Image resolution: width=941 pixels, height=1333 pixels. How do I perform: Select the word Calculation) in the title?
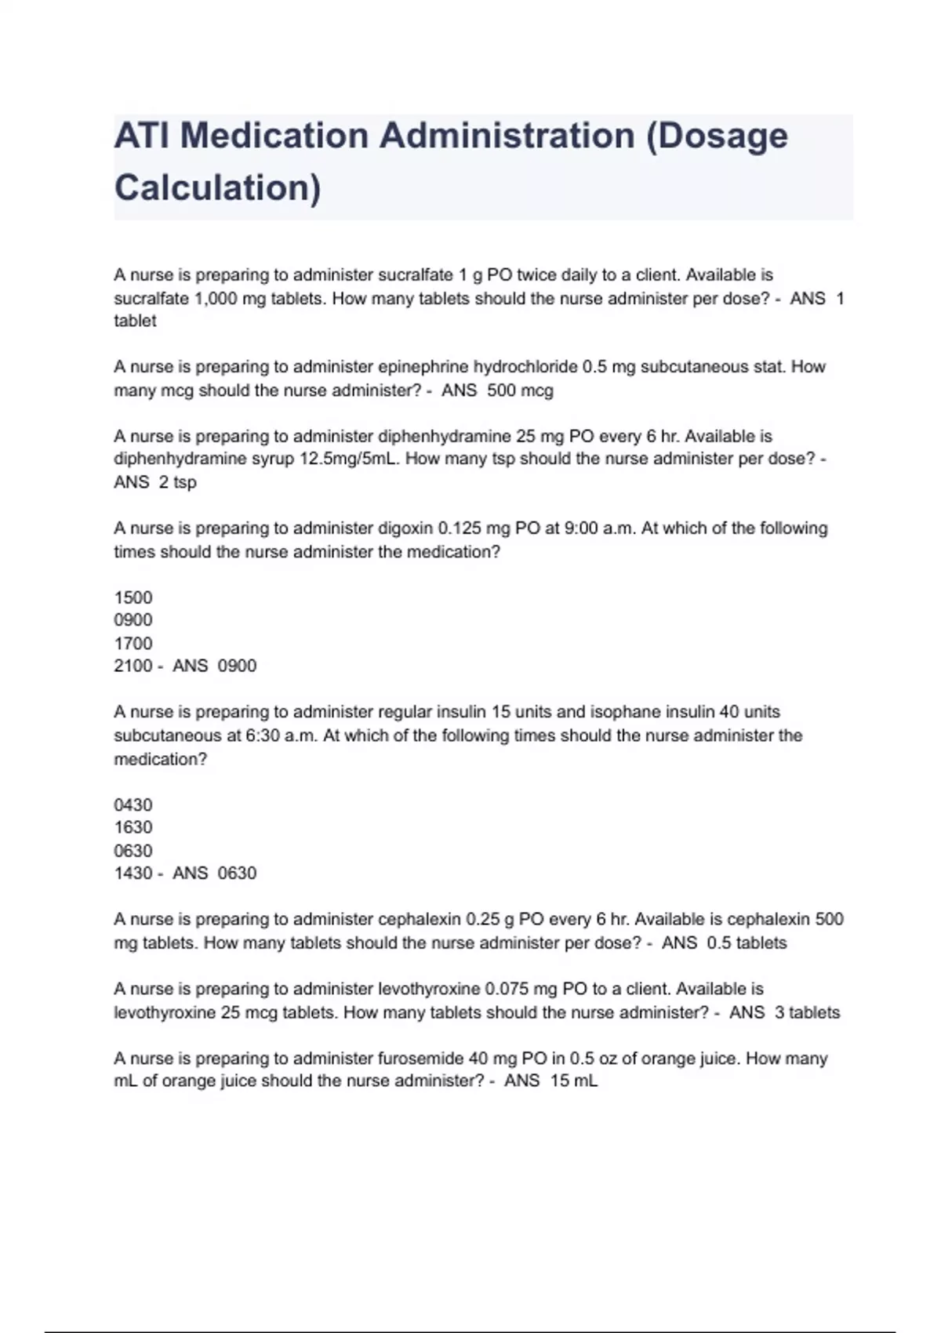click(217, 188)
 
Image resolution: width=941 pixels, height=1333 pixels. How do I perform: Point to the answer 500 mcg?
click(520, 390)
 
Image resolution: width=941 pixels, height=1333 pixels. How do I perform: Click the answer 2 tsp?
click(177, 482)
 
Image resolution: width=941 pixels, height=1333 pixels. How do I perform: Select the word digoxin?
click(405, 528)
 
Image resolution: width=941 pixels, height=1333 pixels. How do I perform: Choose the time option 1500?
click(133, 597)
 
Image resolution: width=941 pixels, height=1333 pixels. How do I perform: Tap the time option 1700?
click(133, 644)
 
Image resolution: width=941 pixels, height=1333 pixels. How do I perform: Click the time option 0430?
click(133, 805)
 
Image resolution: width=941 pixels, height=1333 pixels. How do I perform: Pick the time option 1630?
click(133, 827)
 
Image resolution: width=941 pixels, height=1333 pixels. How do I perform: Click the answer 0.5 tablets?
click(747, 943)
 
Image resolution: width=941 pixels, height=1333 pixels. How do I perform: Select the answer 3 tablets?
click(807, 1012)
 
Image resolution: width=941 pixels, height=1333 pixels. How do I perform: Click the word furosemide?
click(421, 1059)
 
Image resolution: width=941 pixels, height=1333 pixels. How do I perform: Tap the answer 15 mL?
click(574, 1081)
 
